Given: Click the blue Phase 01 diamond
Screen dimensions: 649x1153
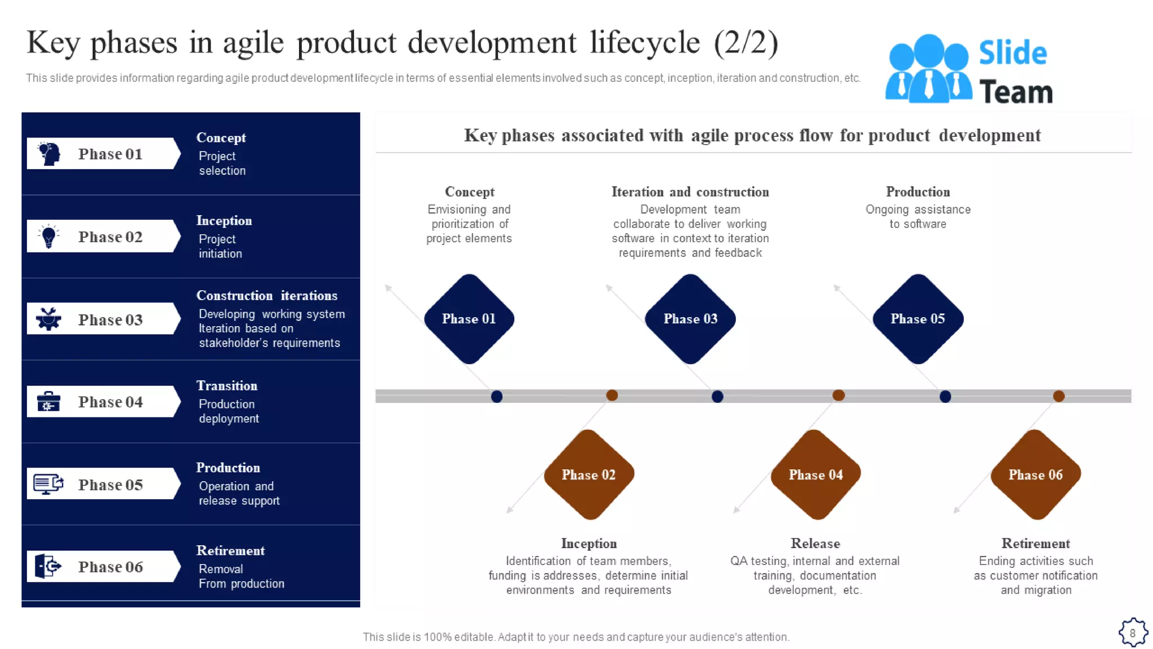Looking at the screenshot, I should pyautogui.click(x=468, y=319).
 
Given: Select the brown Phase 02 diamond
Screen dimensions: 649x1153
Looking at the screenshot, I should pyautogui.click(x=588, y=474).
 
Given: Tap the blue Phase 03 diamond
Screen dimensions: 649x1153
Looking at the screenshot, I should pyautogui.click(x=690, y=319).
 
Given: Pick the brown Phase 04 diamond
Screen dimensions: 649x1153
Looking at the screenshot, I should pyautogui.click(x=815, y=474).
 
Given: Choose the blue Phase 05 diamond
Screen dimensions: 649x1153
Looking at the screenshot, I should pyautogui.click(x=918, y=319).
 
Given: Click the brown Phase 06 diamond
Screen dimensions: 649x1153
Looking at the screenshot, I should pyautogui.click(x=1035, y=474).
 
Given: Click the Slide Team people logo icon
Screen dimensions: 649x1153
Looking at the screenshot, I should pyautogui.click(x=928, y=69).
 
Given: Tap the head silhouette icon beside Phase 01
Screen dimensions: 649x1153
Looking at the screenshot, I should pyautogui.click(x=50, y=154).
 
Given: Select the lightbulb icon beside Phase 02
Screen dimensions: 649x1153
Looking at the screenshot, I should pyautogui.click(x=49, y=237).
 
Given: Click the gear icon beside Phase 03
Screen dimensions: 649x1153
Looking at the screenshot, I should pyautogui.click(x=49, y=319).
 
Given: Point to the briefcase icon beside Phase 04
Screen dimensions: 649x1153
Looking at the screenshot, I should pyautogui.click(x=48, y=402).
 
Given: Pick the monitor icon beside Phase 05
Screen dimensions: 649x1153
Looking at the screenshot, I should pyautogui.click(x=48, y=484).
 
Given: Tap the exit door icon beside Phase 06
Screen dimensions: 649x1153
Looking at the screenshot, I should pyautogui.click(x=48, y=566).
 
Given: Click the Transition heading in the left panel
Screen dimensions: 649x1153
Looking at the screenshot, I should pyautogui.click(x=227, y=386).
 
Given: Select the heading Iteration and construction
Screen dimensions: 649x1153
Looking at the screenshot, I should pyautogui.click(x=690, y=192).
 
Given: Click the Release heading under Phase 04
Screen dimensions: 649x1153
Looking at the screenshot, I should pyautogui.click(x=815, y=544).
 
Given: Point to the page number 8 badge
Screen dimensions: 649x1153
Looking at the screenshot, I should pyautogui.click(x=1133, y=633).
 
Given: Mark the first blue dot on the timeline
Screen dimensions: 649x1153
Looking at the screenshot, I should pyautogui.click(x=497, y=397).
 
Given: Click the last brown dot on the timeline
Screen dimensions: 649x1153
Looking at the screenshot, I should pyautogui.click(x=1058, y=396).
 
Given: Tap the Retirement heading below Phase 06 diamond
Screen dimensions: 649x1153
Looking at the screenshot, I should pyautogui.click(x=1035, y=544).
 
